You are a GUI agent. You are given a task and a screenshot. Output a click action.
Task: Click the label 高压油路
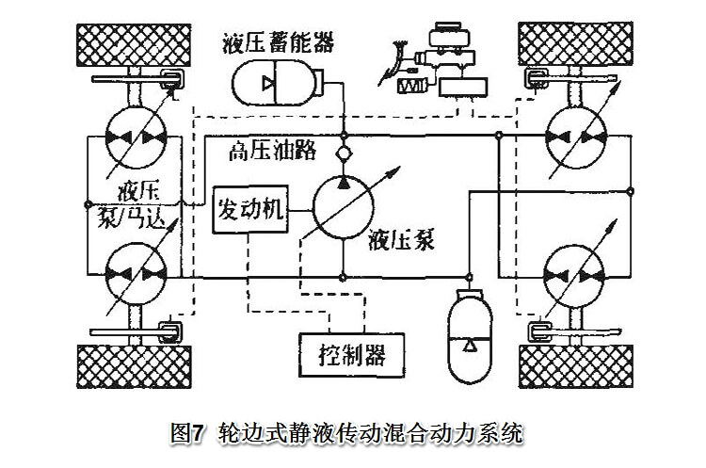coord(271,150)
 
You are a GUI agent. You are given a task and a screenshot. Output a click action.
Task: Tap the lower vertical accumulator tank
coord(468,324)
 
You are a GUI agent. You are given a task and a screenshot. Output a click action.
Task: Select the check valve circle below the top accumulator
coord(344,151)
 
